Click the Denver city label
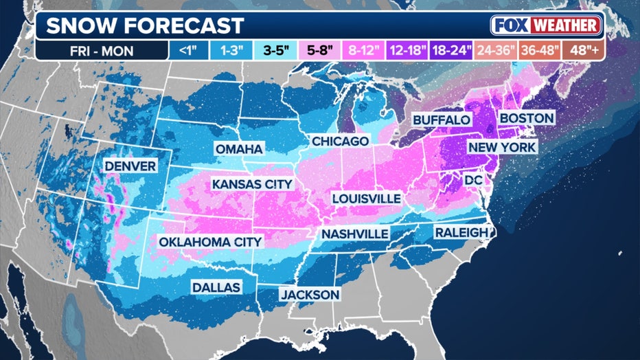130,166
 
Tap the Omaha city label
238,149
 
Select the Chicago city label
340,141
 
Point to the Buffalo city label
442,120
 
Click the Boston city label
526,118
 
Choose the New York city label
502,147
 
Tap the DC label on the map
474,179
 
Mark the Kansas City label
252,184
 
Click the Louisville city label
366,198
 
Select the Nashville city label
355,234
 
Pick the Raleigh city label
461,233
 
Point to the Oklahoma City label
210,242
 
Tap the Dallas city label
216,287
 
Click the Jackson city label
309,295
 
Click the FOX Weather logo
546,26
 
